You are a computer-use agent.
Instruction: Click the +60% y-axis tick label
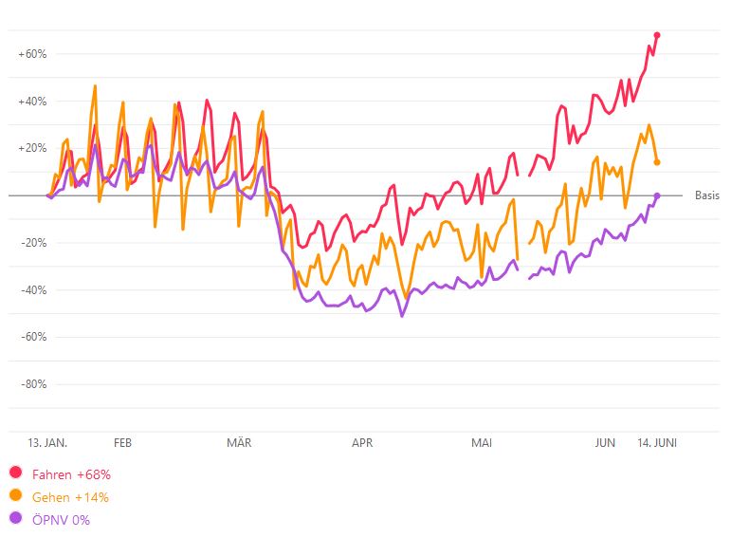32,54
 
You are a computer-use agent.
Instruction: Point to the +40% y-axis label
32,102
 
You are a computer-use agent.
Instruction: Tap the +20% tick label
32,148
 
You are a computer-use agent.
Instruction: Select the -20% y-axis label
33,242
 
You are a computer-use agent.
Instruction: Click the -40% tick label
33,289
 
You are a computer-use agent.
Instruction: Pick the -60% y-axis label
33,337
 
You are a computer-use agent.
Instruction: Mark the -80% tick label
33,384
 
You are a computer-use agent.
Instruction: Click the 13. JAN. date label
47,443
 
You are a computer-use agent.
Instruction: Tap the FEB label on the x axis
122,443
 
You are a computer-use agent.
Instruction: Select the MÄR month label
239,443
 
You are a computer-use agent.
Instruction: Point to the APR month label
362,443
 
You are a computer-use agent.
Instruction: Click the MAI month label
482,443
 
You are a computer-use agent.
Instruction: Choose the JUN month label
605,443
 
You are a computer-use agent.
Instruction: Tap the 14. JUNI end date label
656,443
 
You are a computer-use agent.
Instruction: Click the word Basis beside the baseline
707,196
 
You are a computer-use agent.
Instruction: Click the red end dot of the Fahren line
657,35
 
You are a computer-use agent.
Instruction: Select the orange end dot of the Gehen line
657,162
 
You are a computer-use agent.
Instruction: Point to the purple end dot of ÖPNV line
657,195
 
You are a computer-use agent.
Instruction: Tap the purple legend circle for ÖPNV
15,519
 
